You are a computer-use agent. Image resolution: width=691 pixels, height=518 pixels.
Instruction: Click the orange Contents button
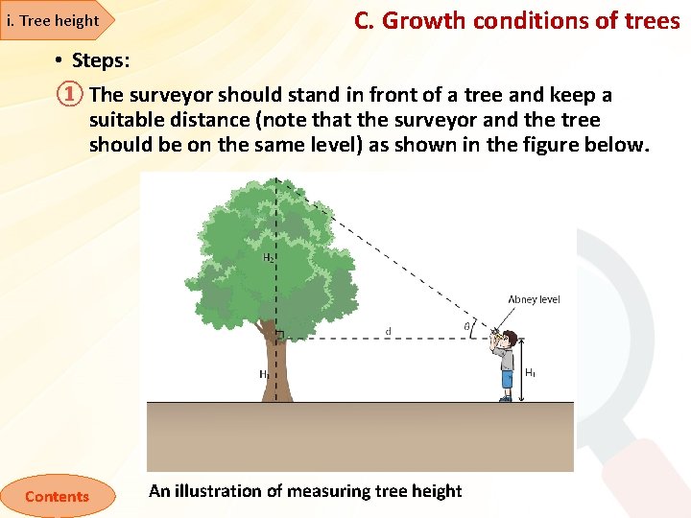[x=57, y=496]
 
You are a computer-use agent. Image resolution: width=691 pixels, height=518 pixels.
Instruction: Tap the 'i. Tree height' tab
[x=53, y=20]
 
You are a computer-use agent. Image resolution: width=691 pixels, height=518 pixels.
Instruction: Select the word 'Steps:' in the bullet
[x=101, y=60]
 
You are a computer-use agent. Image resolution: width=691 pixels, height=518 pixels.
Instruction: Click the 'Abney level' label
[x=534, y=299]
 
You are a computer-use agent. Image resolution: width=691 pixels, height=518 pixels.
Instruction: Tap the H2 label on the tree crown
[x=269, y=257]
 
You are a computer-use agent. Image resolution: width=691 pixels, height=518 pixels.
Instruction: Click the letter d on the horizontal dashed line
[x=388, y=332]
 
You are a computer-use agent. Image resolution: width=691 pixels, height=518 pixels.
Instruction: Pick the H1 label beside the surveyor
[x=530, y=371]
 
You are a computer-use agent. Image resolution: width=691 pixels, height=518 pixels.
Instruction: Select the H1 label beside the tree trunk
[x=263, y=375]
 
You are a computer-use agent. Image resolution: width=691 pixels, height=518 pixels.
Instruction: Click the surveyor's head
[x=509, y=340]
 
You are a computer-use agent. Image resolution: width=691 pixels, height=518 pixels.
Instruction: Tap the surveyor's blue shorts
[x=507, y=377]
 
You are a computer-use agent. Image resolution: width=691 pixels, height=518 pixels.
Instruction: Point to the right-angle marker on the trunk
[x=280, y=336]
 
